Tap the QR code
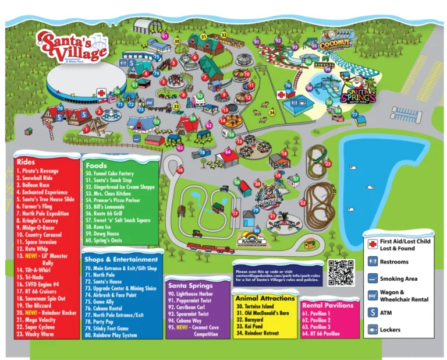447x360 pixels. point(340,273)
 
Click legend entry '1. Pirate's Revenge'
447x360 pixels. point(38,171)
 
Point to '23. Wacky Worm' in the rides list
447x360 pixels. point(36,334)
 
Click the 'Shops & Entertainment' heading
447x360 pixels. point(120,259)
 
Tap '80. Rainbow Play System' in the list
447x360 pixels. point(114,335)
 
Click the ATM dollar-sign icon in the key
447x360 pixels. point(372,313)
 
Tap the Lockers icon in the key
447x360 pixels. point(372,330)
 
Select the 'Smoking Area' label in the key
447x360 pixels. point(398,279)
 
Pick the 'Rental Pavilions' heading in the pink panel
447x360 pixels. point(327,305)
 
